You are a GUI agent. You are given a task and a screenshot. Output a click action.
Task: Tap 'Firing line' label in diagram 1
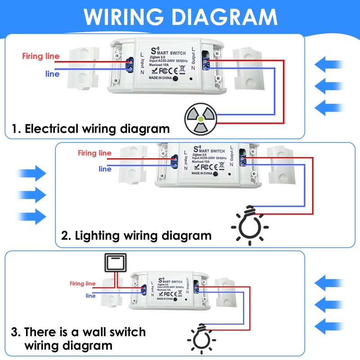[41, 56]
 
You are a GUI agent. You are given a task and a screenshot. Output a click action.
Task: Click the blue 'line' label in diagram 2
[105, 169]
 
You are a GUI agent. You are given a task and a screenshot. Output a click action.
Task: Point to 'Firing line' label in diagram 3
[82, 283]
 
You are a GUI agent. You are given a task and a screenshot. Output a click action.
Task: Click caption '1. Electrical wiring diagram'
[90, 129]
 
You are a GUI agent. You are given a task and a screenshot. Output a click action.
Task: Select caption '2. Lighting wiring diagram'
[136, 235]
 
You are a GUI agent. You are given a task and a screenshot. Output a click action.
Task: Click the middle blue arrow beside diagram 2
[31, 195]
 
